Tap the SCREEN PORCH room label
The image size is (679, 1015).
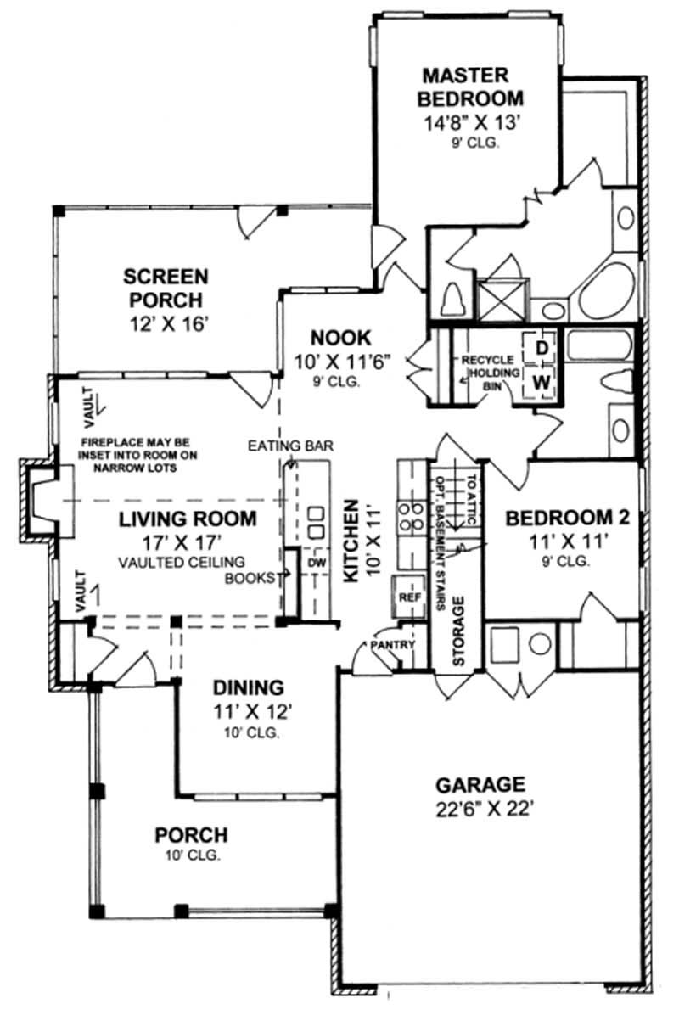pyautogui.click(x=166, y=288)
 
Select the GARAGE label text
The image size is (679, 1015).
pyautogui.click(x=480, y=784)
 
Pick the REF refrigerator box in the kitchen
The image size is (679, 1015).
pyautogui.click(x=405, y=597)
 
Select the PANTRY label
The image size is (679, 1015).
pyautogui.click(x=392, y=646)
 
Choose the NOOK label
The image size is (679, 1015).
pyautogui.click(x=327, y=337)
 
